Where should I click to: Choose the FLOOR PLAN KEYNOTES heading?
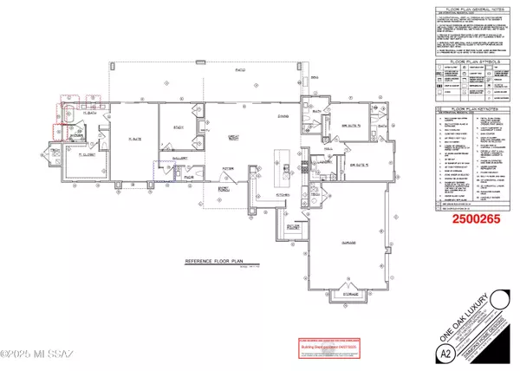pyautogui.click(x=475, y=112)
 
